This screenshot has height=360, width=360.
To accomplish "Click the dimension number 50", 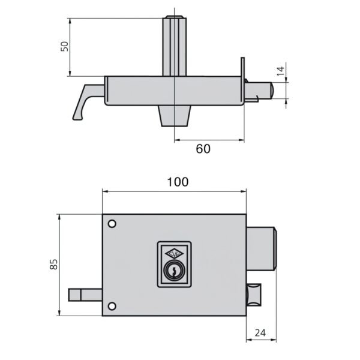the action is coord(65,46).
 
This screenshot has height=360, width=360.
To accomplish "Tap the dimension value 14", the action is coord(280,71).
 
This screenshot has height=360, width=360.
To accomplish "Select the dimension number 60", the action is coord(203,149).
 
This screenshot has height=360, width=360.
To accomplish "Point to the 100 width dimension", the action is coord(178,182).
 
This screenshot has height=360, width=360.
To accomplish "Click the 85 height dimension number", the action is coord(54,264).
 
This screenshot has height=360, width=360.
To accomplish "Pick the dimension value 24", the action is coord(260,332).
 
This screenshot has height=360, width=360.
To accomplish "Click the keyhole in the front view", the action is coord(174,271).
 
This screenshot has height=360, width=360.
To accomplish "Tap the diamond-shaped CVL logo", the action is coord(175,254).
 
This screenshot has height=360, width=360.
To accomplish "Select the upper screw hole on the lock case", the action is coord(112,224).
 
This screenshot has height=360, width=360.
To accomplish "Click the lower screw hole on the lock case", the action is coord(112,306).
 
